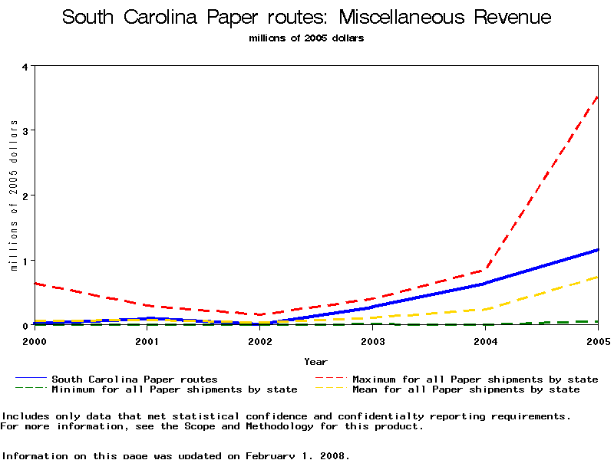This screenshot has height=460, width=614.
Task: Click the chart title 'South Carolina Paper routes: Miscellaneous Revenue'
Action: (x=306, y=18)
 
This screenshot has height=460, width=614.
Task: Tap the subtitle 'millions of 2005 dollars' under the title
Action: (x=306, y=38)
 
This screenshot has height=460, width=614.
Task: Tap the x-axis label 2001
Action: (x=147, y=340)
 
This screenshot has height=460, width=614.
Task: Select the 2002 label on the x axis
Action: (x=259, y=340)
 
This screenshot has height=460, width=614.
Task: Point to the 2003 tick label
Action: (x=372, y=340)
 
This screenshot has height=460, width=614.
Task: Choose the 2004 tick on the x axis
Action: (x=485, y=340)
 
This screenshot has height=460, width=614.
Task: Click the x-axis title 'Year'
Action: (x=315, y=361)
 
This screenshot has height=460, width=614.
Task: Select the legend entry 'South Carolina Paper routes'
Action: (x=134, y=379)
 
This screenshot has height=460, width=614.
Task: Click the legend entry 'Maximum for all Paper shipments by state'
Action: (x=475, y=379)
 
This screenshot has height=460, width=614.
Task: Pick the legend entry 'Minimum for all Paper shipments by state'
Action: (x=174, y=389)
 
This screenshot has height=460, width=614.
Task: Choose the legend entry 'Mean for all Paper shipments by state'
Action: (x=466, y=389)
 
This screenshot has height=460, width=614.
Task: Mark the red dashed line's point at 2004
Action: (x=485, y=270)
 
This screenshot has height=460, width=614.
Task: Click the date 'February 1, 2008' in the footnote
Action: (x=297, y=455)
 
